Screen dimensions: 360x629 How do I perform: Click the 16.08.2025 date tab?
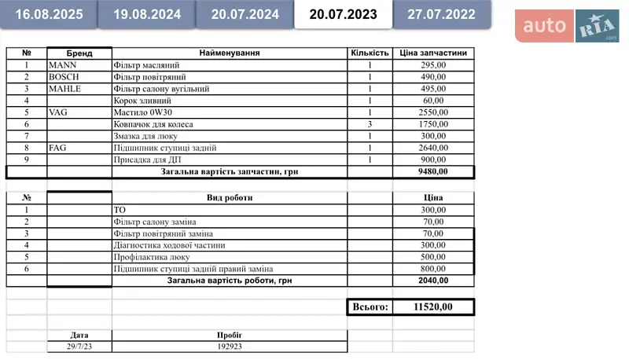(x=49, y=14)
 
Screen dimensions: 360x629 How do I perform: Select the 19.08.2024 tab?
(x=147, y=14)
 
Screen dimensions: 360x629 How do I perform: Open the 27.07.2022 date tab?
(x=441, y=14)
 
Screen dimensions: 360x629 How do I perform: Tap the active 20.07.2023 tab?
(x=343, y=14)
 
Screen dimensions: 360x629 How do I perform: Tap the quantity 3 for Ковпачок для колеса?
(x=370, y=124)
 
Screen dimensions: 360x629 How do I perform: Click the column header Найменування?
(x=230, y=53)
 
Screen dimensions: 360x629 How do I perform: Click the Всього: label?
(x=369, y=307)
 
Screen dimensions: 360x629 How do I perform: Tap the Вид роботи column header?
(x=230, y=197)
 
